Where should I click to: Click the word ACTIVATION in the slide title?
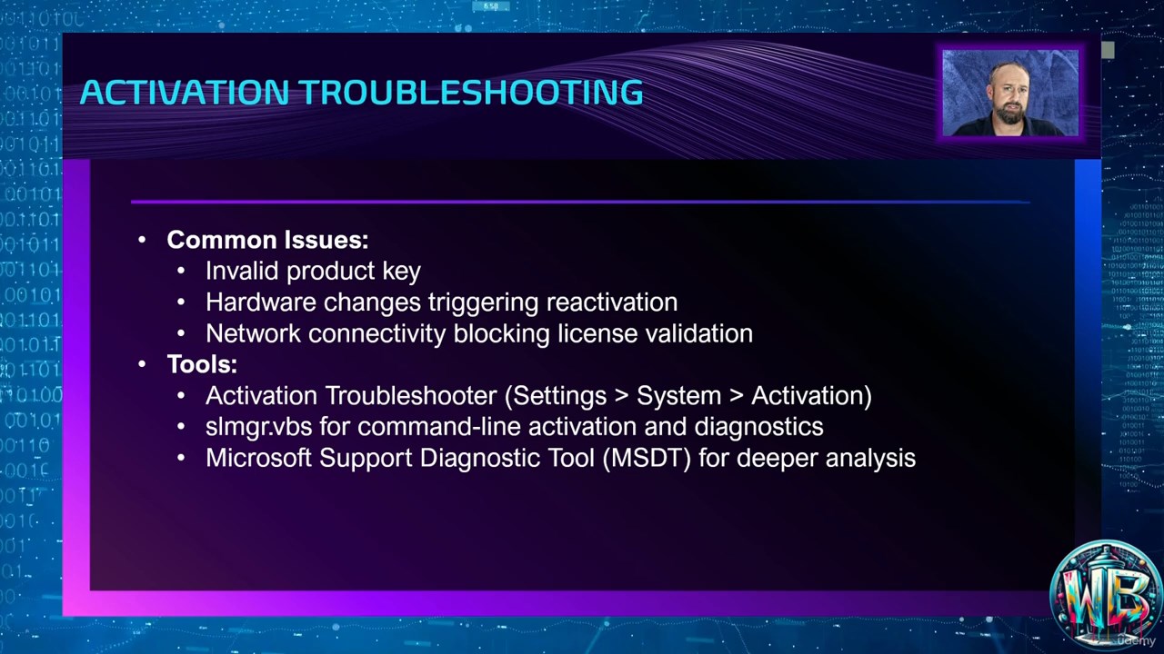coord(185,93)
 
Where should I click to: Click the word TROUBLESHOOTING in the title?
coord(471,93)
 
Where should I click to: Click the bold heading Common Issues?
coord(267,240)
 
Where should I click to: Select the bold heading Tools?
coord(202,364)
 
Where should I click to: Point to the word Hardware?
coord(261,302)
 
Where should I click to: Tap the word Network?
coord(253,333)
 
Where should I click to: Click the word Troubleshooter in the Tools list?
coord(411,395)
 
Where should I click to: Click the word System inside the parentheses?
coord(678,395)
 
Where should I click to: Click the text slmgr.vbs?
coord(259,427)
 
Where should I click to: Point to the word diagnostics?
coord(758,427)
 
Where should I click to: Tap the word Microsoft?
coord(258,458)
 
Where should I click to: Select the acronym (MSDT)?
coord(647,459)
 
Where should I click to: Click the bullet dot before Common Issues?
coord(142,240)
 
